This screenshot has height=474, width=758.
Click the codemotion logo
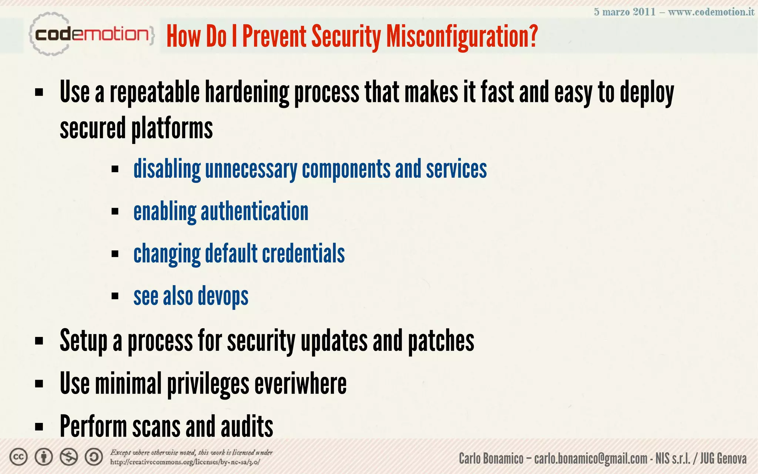pos(91,35)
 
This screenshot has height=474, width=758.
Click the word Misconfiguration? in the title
pos(462,36)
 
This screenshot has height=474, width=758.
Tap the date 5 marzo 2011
pos(624,12)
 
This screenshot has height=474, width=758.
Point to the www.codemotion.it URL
pos(711,12)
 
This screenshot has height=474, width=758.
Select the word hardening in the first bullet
pos(247,93)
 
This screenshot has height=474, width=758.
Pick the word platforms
pos(172,128)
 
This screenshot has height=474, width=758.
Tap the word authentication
pos(254,211)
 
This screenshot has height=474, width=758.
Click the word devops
pos(223,297)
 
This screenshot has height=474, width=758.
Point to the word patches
pos(441,341)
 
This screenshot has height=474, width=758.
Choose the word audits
pos(247,426)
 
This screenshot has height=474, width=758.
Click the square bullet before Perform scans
pos(39,427)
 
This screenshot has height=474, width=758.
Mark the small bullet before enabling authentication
pos(115,211)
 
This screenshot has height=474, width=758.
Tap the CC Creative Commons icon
pos(19,457)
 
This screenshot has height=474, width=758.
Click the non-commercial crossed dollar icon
pos(69,457)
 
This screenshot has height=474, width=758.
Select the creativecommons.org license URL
pos(185,462)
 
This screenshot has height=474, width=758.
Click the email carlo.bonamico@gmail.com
pos(591,459)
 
